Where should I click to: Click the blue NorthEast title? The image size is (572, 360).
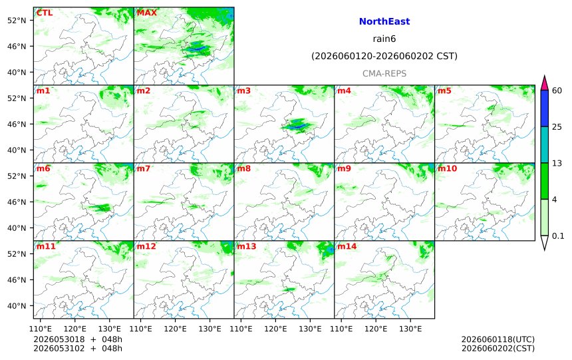tap(384, 21)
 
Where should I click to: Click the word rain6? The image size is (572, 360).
tap(384, 39)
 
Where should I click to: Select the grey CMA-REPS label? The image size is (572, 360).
tap(384, 73)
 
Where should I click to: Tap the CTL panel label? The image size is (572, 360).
tap(44, 13)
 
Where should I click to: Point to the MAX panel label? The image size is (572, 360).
tap(146, 13)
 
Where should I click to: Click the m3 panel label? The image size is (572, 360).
tap(244, 90)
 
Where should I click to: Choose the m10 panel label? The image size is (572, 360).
tap(447, 168)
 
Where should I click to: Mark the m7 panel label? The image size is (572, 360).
tap(144, 168)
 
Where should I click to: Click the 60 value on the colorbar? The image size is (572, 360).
tap(557, 90)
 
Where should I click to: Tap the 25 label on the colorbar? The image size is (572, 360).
tap(557, 126)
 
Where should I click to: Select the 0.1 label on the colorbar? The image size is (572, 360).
tap(558, 236)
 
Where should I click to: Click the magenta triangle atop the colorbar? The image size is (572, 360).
tap(544, 83)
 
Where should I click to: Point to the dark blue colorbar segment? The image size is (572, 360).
tap(544, 108)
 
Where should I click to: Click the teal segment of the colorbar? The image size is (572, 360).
tap(544, 144)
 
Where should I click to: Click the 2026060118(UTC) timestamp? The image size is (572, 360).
tap(498, 339)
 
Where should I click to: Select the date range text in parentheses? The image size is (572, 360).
tap(384, 56)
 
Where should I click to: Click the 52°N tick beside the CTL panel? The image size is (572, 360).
tap(17, 21)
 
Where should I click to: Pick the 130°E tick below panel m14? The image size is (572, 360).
tap(410, 329)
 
